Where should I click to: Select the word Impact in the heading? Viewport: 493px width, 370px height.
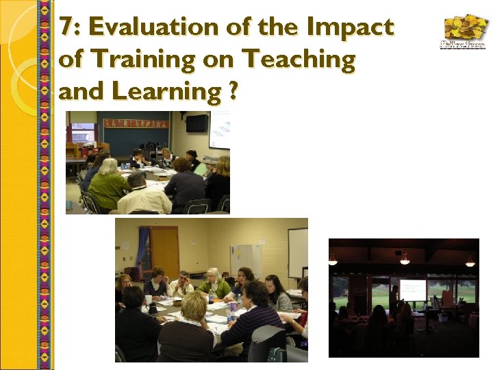(351, 27)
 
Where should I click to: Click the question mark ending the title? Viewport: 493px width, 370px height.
(234, 91)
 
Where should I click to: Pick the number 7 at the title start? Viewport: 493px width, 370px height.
(66, 27)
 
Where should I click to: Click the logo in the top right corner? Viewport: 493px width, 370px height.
(464, 32)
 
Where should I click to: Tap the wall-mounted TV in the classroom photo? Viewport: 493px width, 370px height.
(197, 123)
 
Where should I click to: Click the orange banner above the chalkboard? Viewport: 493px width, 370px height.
(136, 123)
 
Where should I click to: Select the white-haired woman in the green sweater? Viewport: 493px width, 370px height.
(213, 283)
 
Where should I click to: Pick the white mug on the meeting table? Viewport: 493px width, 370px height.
(149, 299)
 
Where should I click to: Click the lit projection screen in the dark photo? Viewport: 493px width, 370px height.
(413, 290)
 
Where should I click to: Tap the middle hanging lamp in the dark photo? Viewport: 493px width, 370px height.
(405, 259)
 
